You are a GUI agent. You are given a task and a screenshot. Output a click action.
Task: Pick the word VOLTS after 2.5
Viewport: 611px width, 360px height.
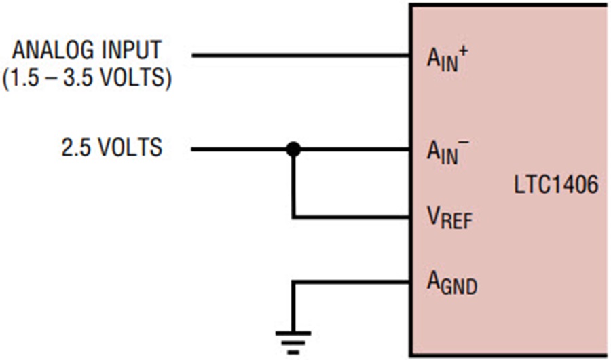(130, 147)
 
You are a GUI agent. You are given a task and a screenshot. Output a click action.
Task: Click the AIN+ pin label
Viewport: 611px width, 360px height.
(447, 59)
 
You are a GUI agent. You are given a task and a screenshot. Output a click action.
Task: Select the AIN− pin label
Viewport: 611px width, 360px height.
(447, 151)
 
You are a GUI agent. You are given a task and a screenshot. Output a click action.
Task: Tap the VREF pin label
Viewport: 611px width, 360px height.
(449, 217)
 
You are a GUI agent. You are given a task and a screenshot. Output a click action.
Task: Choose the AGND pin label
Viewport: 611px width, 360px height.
(452, 283)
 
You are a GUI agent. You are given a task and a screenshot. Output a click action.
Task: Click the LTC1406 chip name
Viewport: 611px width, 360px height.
(556, 185)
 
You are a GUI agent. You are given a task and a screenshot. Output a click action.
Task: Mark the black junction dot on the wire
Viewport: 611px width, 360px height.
(293, 149)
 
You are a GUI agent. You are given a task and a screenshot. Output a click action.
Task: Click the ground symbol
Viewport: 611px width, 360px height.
(293, 342)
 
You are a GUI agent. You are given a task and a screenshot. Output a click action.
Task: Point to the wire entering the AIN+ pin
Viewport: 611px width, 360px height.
(301, 56)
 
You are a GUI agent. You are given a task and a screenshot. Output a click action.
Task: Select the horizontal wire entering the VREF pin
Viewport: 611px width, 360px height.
(351, 217)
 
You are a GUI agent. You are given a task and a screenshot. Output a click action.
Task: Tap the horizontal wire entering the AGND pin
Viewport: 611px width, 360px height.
(351, 283)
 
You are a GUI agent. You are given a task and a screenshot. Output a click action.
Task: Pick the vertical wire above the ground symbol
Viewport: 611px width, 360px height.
(293, 306)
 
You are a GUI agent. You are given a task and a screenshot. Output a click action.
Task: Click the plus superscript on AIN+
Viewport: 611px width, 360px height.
(464, 52)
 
